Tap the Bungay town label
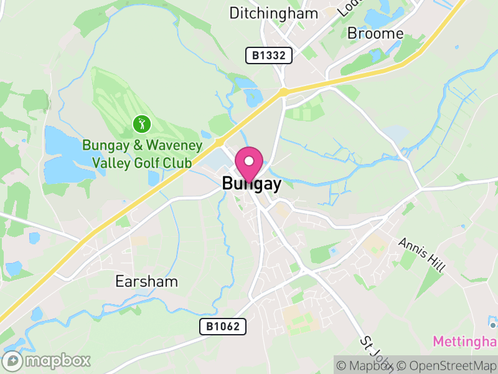(251, 184)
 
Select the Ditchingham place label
(274, 13)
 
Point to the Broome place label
(375, 33)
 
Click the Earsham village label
(146, 281)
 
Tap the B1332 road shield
(269, 55)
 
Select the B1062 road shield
(223, 326)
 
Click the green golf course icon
(142, 124)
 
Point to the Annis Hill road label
(422, 254)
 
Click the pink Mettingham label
(465, 342)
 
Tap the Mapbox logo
(47, 360)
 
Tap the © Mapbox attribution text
(366, 365)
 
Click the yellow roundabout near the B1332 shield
(283, 92)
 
